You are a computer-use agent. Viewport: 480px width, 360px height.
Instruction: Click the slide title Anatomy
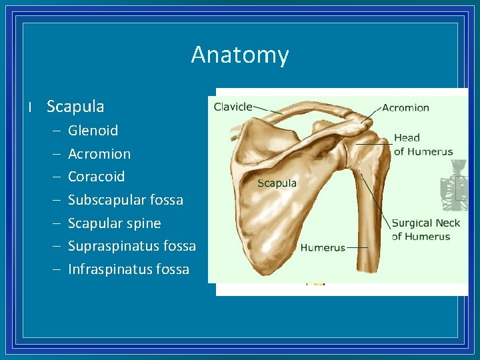tap(240, 54)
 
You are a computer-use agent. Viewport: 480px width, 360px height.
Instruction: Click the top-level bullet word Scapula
tap(75, 106)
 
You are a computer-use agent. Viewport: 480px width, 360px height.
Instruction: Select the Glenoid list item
tap(93, 131)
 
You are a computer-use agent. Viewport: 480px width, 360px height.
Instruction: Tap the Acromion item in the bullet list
tap(99, 154)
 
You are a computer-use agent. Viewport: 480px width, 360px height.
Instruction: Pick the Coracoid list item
tap(96, 177)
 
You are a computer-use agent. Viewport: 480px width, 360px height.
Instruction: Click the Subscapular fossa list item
tap(125, 200)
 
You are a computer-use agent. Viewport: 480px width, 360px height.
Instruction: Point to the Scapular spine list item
tap(114, 223)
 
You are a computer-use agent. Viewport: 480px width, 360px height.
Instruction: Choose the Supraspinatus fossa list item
tap(132, 246)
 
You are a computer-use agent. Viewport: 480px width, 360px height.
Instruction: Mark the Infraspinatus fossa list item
tap(129, 269)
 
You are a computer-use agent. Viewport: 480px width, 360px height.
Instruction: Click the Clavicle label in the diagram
tap(233, 106)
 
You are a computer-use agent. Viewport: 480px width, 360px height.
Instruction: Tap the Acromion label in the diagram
tap(405, 107)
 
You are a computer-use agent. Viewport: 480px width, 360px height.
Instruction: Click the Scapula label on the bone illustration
tap(277, 183)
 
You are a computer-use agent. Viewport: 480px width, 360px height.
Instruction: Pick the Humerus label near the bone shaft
tap(323, 247)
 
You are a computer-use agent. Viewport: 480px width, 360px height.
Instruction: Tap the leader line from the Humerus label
tap(357, 247)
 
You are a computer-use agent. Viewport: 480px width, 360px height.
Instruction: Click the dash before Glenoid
tap(54, 131)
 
